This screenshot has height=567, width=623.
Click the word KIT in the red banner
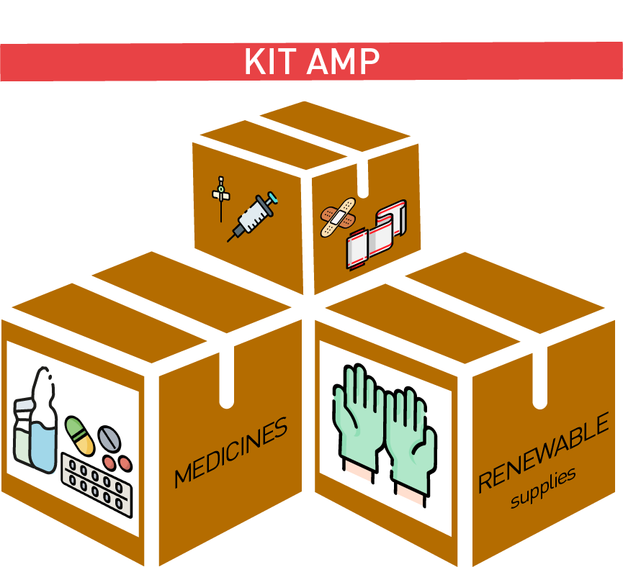[272, 63]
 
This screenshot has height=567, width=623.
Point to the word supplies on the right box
[544, 489]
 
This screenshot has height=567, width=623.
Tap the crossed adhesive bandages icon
[338, 217]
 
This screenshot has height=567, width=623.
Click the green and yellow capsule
[80, 435]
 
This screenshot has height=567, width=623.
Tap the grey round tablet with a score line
[110, 437]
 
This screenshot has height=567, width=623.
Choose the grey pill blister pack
[97, 482]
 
